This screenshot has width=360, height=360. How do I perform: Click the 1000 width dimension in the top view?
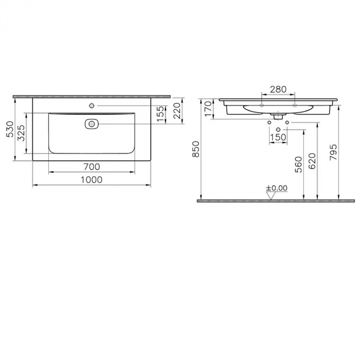(91, 179)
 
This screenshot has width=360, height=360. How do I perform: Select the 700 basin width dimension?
(91, 167)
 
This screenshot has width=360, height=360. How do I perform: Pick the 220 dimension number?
(177, 110)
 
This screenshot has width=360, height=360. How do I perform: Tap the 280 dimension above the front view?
(278, 89)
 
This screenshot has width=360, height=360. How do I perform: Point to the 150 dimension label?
(278, 137)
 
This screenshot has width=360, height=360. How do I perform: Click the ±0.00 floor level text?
(277, 188)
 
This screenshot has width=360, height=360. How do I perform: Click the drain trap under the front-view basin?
(278, 115)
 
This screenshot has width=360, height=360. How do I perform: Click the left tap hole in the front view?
(262, 105)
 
